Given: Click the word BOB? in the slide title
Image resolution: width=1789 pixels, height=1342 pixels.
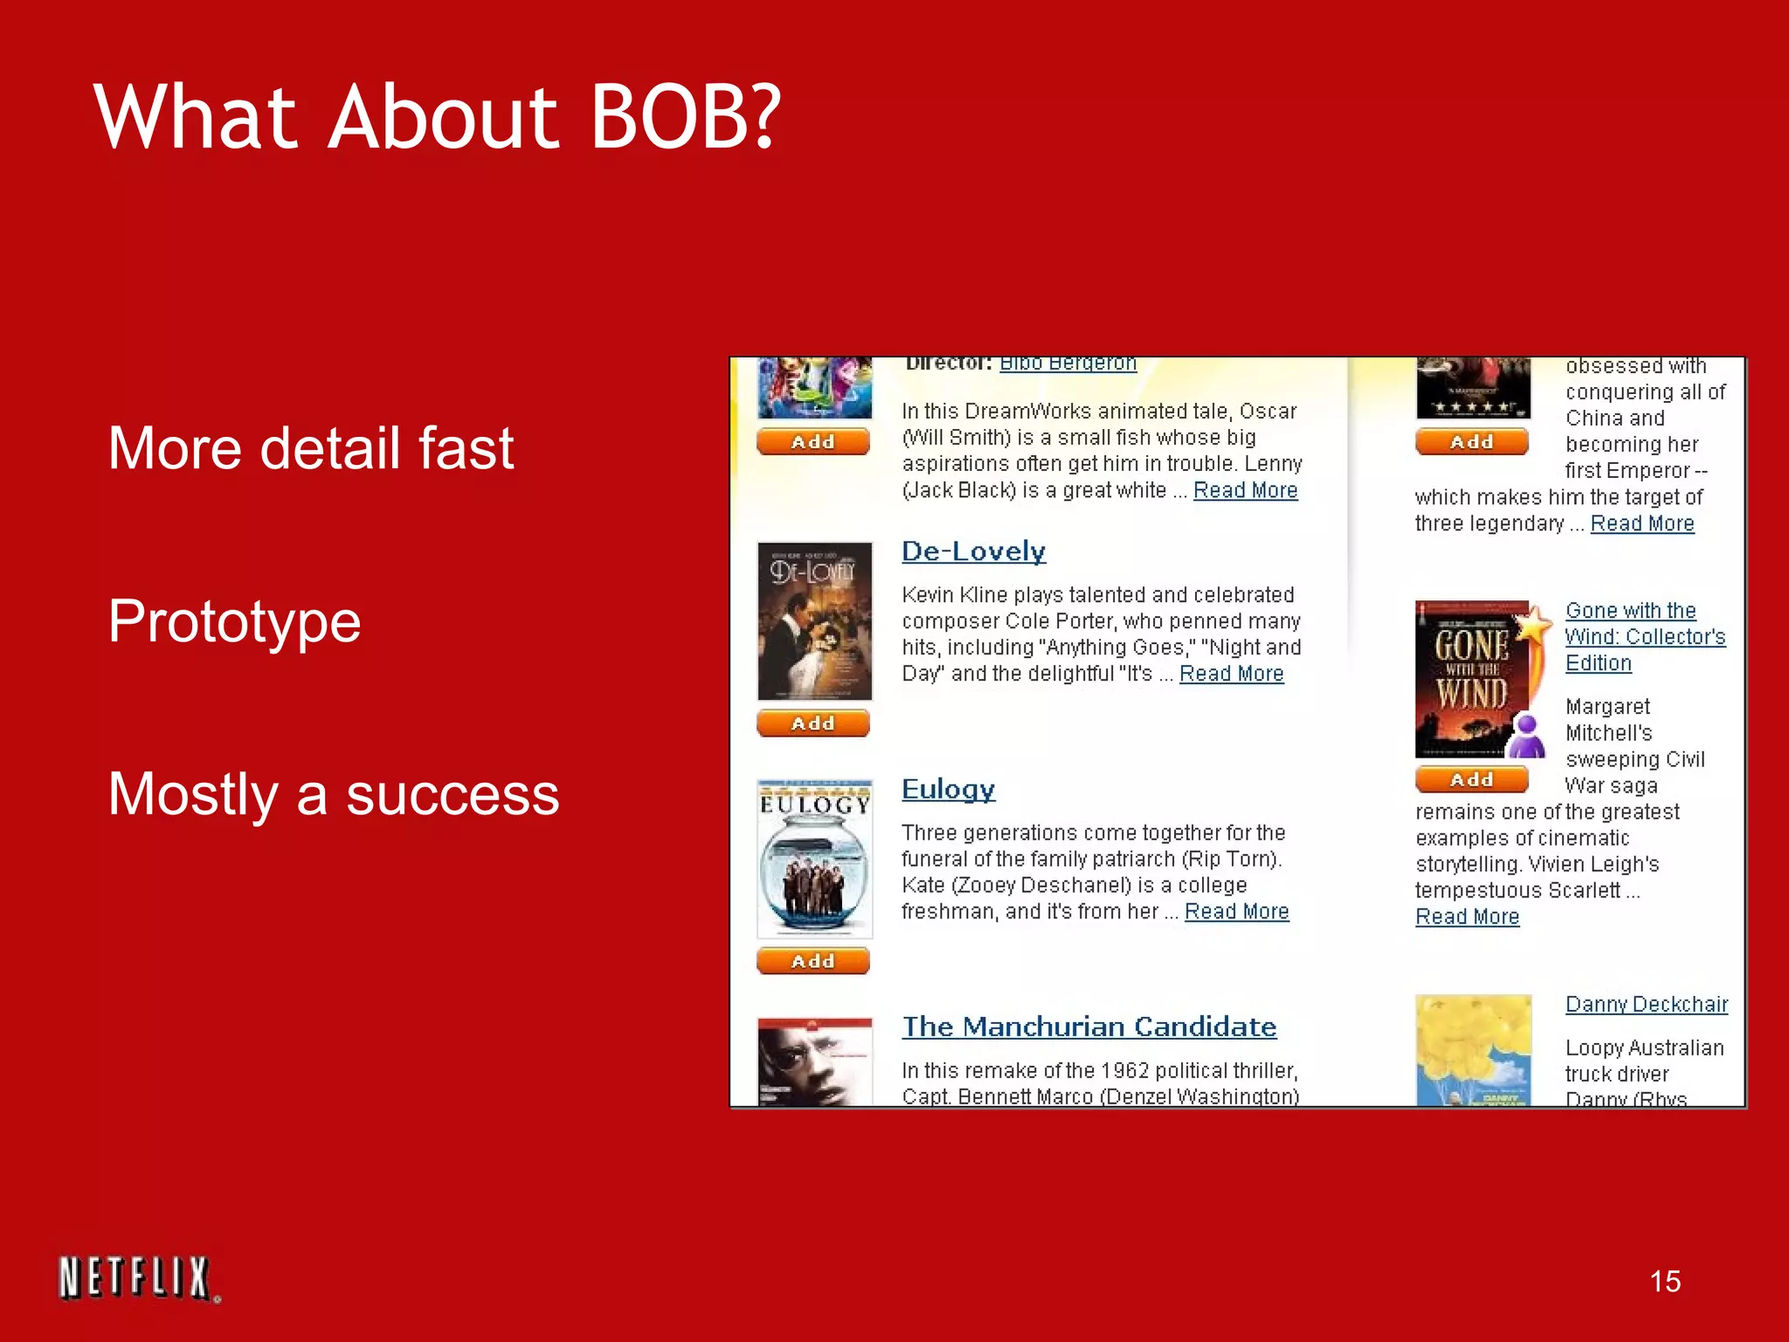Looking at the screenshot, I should pos(685,117).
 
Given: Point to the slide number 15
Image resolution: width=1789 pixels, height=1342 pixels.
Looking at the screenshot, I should pos(1665,1281).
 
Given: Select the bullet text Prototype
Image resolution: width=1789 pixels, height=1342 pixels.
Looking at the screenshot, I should pos(234,621).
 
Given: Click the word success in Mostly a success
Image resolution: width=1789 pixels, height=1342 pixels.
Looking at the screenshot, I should pos(452,794).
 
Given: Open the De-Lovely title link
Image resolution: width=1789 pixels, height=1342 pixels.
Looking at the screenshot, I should pos(973,551).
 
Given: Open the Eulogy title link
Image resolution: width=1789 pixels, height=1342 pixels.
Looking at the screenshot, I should pos(948,789).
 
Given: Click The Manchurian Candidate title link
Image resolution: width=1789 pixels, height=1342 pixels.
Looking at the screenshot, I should pos(1088,1027).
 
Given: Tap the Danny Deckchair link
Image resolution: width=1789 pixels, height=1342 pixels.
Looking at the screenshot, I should pos(1646,1004).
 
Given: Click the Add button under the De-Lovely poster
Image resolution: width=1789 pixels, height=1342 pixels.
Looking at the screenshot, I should pos(812,723).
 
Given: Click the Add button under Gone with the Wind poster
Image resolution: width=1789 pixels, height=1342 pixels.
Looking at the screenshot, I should pos(1471,779).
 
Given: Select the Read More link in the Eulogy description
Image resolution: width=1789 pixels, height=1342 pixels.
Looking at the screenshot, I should pos(1236,911).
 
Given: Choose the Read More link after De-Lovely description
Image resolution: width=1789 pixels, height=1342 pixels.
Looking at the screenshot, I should pos(1231,674).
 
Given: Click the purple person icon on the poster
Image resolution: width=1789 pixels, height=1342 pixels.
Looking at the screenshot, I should pos(1527,737).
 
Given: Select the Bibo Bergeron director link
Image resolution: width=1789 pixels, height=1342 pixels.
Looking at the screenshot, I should pos(1067,363).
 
